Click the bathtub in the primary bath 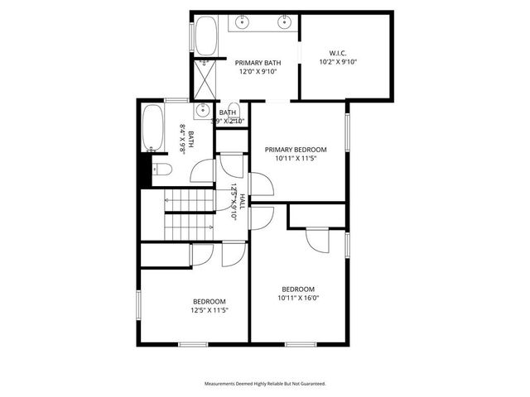tap(204, 35)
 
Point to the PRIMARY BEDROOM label tap(296, 150)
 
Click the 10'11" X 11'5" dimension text tap(296, 160)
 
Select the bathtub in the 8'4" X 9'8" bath tap(152, 127)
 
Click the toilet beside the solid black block tap(161, 170)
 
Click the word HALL tap(242, 199)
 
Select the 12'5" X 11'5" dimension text tap(210, 310)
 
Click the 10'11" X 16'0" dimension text tap(298, 298)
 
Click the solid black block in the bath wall tap(144, 172)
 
